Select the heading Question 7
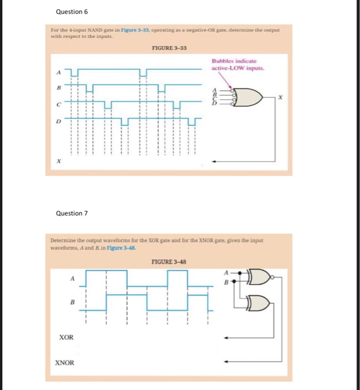click(x=72, y=213)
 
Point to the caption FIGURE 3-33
click(x=168, y=48)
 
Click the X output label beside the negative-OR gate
click(x=281, y=97)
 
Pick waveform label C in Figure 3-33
click(x=56, y=104)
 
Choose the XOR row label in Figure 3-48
click(x=66, y=338)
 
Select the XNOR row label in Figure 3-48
click(x=65, y=363)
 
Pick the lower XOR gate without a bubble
click(x=257, y=303)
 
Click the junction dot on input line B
click(x=234, y=281)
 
